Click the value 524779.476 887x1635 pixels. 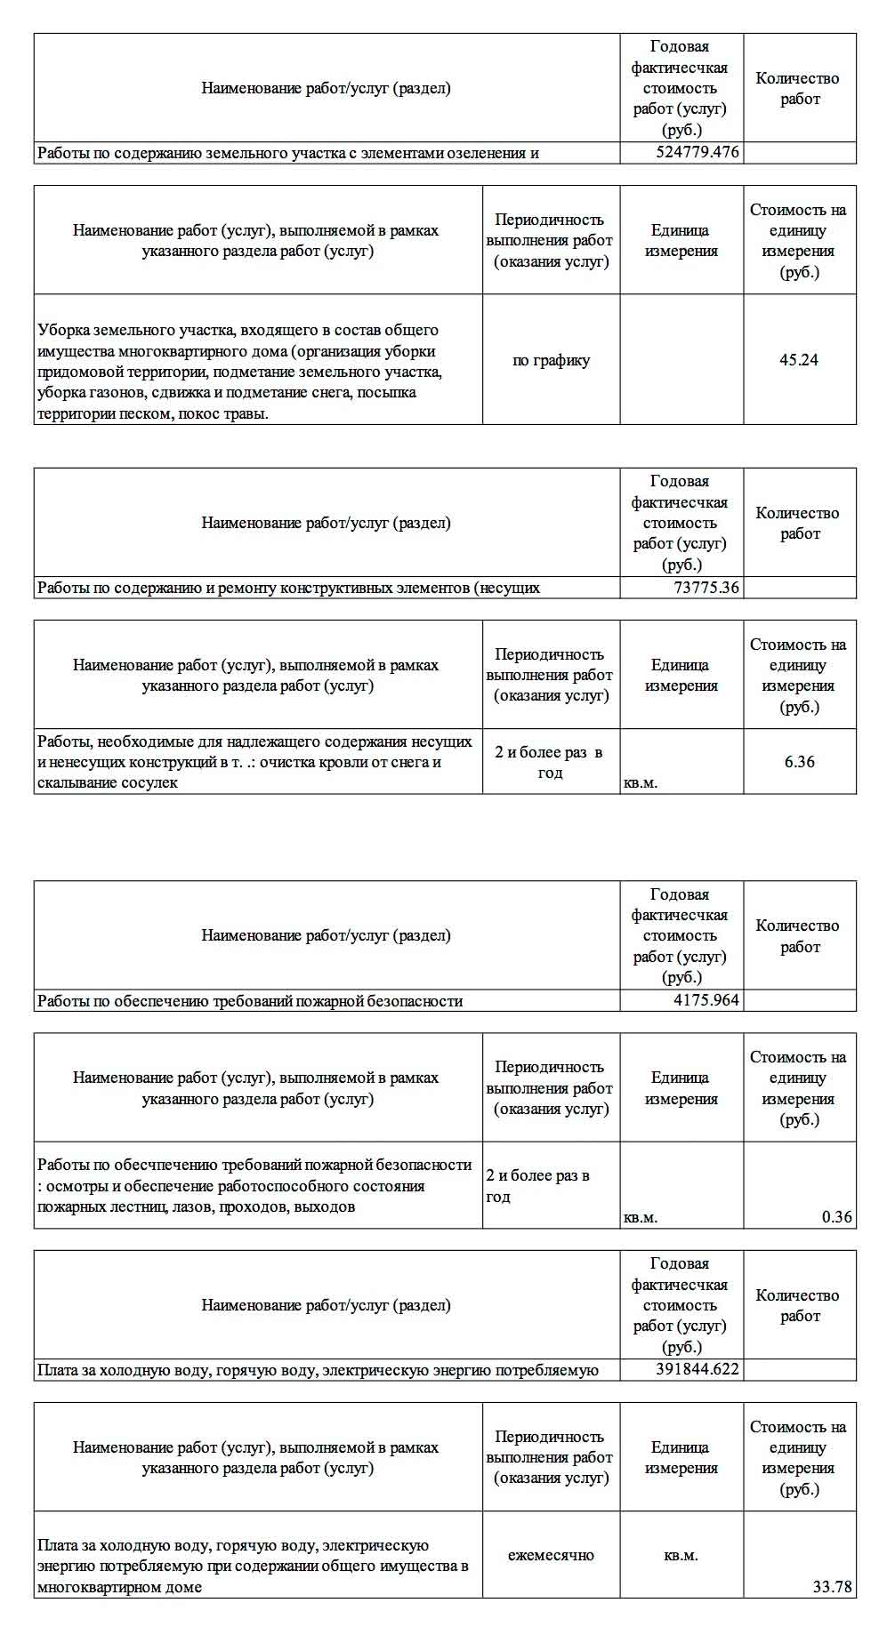(x=697, y=153)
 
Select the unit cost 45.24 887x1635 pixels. (x=798, y=360)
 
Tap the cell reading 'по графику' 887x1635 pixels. (x=551, y=360)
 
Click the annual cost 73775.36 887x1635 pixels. (x=706, y=588)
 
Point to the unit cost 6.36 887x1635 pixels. (x=799, y=762)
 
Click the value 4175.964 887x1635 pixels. (x=706, y=1000)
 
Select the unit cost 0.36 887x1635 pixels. (x=836, y=1217)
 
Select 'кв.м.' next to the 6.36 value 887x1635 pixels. (x=641, y=783)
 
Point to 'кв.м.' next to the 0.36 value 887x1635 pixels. (x=641, y=1218)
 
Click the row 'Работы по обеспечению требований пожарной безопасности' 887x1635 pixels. (x=250, y=1001)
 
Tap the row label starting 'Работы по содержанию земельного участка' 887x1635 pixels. (x=287, y=153)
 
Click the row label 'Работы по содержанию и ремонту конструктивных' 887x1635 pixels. (x=287, y=588)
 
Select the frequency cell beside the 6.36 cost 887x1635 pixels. (x=550, y=762)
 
